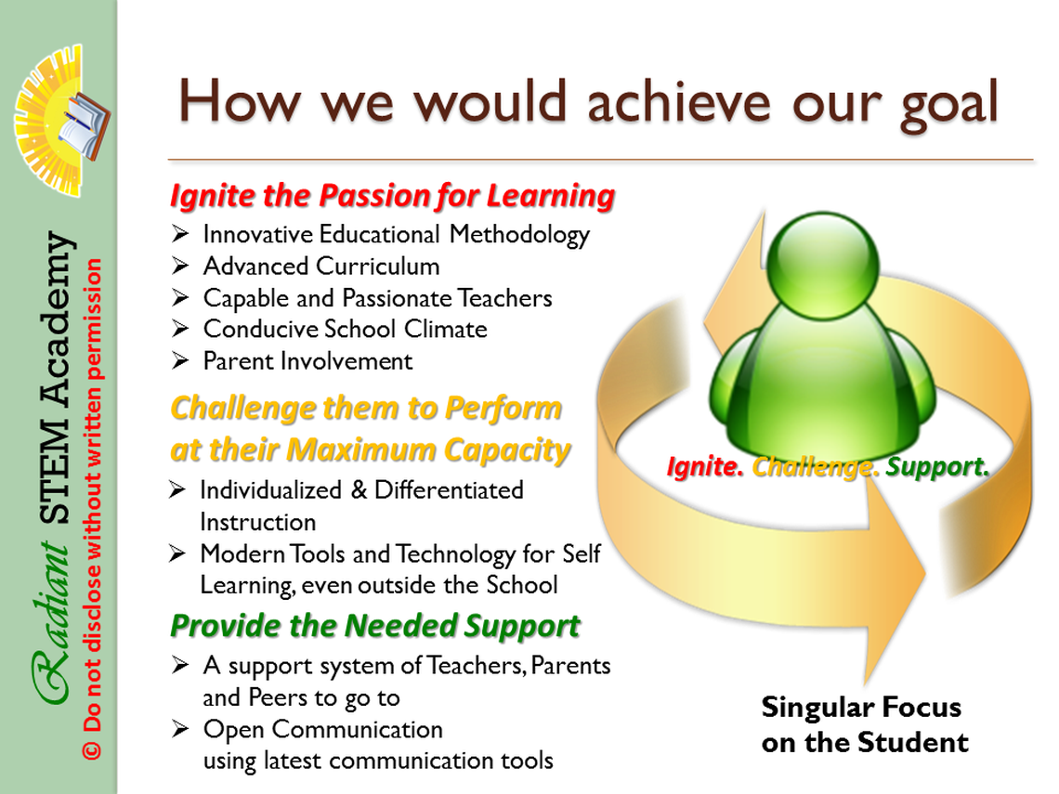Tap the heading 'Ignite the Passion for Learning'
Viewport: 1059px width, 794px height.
click(x=392, y=196)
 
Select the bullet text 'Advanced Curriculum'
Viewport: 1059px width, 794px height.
click(x=321, y=266)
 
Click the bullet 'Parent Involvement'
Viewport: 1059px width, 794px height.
click(x=308, y=361)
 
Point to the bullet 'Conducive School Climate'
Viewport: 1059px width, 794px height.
click(x=346, y=329)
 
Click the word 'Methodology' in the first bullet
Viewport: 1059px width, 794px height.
click(x=520, y=236)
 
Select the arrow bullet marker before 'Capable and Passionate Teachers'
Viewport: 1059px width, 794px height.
click(x=179, y=297)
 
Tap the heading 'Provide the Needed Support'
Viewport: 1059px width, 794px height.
click(x=375, y=625)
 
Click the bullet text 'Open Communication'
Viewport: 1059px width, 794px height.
click(x=323, y=730)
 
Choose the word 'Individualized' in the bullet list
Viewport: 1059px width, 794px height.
click(x=271, y=490)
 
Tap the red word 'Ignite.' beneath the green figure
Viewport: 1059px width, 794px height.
click(x=705, y=466)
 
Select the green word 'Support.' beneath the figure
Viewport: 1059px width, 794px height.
click(x=937, y=466)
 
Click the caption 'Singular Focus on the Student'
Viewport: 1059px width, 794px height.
click(x=865, y=724)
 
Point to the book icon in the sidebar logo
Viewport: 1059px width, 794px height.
click(x=84, y=126)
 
